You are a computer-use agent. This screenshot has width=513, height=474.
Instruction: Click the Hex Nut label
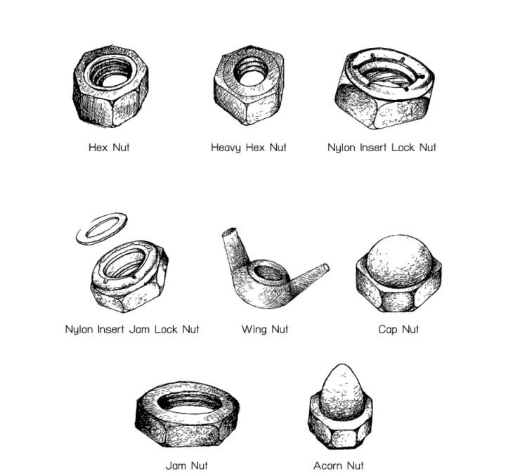(x=109, y=147)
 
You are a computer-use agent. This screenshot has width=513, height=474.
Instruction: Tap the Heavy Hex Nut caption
(x=248, y=148)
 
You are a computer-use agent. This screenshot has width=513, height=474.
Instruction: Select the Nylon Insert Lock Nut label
(x=382, y=148)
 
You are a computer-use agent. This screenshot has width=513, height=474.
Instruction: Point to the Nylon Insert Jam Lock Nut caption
(x=132, y=329)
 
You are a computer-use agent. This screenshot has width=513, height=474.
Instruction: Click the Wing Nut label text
(x=265, y=329)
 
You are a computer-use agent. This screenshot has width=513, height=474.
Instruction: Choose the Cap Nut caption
(x=398, y=329)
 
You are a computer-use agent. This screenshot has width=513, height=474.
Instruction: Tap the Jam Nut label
(x=186, y=466)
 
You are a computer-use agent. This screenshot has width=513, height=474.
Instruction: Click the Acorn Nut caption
(x=338, y=466)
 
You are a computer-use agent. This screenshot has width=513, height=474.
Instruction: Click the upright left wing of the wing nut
(x=235, y=246)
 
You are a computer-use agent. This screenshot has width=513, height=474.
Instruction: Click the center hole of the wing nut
(x=268, y=274)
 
